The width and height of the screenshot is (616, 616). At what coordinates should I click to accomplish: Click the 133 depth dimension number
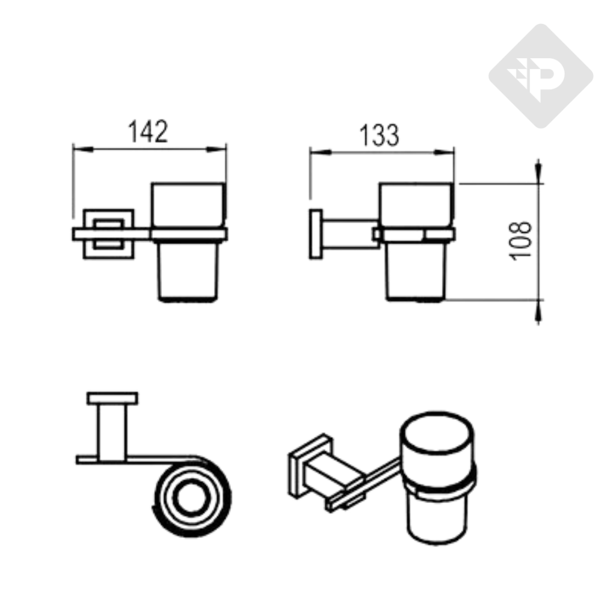380,135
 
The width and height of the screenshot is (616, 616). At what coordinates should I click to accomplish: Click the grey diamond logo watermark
540,76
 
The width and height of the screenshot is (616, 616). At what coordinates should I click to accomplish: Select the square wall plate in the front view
108,233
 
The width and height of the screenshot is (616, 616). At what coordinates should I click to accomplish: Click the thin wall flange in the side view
316,234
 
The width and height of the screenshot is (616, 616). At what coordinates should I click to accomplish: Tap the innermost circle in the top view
192,497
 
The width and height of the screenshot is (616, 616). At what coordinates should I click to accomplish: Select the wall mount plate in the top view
112,398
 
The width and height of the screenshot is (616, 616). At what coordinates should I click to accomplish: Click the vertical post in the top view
112,430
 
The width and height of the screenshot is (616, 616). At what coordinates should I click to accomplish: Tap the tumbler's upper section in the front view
188,205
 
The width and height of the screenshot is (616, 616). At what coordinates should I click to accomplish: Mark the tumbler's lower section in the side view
416,271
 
